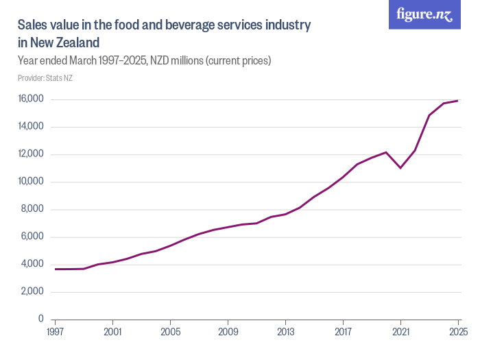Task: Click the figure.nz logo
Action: coord(424,14)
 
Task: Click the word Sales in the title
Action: coord(32,26)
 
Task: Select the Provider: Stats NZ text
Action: coord(45,77)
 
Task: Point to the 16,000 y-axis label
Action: coord(31,99)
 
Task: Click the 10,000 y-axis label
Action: coord(31,182)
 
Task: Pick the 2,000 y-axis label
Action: coord(32,292)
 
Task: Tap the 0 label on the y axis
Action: coord(41,320)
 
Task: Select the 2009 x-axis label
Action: coord(228,332)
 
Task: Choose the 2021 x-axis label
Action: coord(400,332)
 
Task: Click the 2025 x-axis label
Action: coord(457,332)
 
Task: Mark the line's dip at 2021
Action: coord(400,168)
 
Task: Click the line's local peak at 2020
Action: coord(386,152)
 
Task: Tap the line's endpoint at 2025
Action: coord(458,101)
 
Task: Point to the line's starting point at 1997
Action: coord(55,269)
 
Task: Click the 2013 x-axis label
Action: coord(285,332)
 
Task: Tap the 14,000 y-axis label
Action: coord(31,127)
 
